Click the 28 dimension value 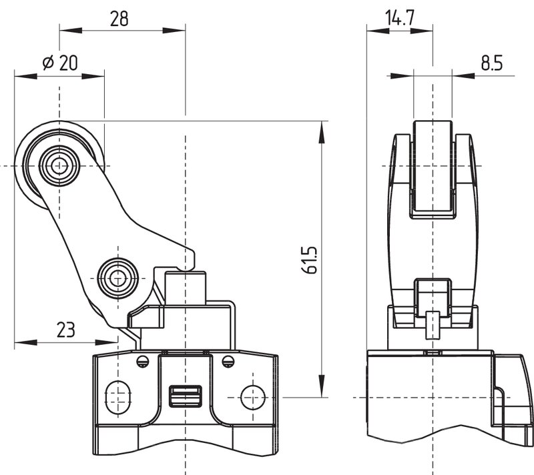tap(119, 19)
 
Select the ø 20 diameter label tap(60, 63)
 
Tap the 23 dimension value tap(65, 330)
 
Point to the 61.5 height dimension tap(310, 260)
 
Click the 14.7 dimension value tap(400, 18)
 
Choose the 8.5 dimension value tap(492, 63)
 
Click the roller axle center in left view tap(59, 166)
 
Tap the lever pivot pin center tap(117, 279)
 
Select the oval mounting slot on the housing tap(118, 398)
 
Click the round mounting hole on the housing tap(253, 398)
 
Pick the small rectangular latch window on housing tap(186, 396)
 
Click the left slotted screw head tap(143, 362)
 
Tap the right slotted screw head tap(228, 362)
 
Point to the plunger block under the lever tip tap(186, 288)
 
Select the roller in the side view tap(433, 169)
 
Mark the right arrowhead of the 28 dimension tap(174, 30)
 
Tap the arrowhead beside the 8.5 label tap(463, 75)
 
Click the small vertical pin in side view tap(432, 325)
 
